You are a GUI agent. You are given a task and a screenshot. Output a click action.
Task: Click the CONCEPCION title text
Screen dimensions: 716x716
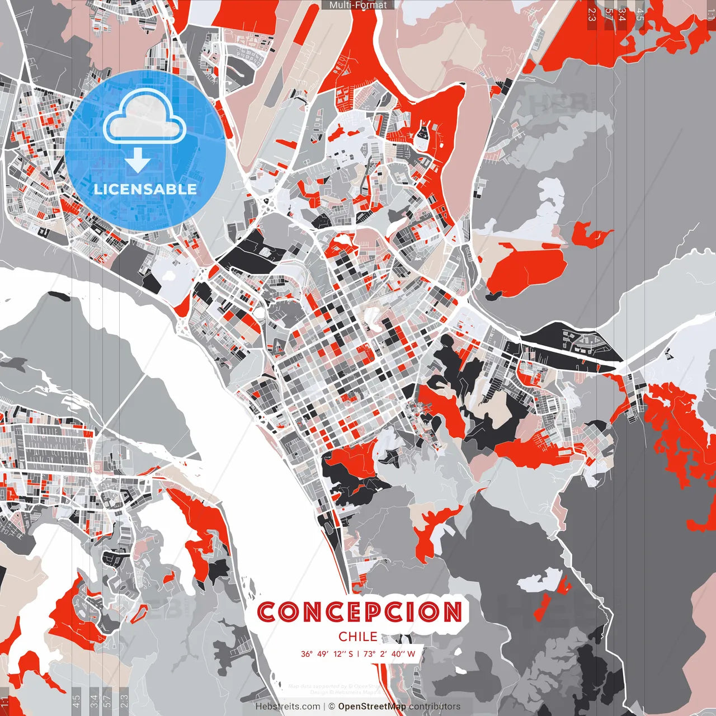pyautogui.click(x=360, y=612)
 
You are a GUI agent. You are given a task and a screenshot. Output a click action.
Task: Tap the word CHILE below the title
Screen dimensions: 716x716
pyautogui.click(x=358, y=637)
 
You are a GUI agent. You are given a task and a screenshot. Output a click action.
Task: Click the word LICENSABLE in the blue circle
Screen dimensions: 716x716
pyautogui.click(x=145, y=189)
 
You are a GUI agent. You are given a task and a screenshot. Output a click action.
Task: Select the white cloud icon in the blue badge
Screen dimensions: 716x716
pyautogui.click(x=145, y=118)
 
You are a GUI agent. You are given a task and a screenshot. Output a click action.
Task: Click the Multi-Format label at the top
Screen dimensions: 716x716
pyautogui.click(x=358, y=5)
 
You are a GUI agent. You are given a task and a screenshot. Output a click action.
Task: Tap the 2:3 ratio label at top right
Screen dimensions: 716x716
pyautogui.click(x=592, y=15)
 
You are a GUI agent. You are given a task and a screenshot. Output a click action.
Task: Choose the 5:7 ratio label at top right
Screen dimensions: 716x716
pyautogui.click(x=609, y=15)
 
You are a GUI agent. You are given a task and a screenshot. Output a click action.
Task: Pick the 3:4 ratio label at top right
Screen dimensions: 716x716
pyautogui.click(x=623, y=15)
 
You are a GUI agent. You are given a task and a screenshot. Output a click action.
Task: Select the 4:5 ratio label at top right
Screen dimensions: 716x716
pyautogui.click(x=640, y=15)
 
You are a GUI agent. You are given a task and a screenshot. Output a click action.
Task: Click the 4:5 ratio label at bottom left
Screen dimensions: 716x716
pyautogui.click(x=76, y=700)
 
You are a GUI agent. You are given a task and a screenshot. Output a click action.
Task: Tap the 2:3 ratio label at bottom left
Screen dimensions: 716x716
pyautogui.click(x=124, y=700)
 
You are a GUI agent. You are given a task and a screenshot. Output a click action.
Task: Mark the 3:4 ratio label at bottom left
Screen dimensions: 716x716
pyautogui.click(x=93, y=700)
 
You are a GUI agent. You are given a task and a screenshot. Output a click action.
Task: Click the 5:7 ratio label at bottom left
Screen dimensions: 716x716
pyautogui.click(x=107, y=700)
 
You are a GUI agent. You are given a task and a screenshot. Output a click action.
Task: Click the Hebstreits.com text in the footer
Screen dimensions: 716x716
pyautogui.click(x=288, y=706)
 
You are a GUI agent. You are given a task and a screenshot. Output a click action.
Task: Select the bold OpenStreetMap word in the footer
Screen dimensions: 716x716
pyautogui.click(x=372, y=706)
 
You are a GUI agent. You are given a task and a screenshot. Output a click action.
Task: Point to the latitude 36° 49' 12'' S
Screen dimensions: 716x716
pyautogui.click(x=327, y=654)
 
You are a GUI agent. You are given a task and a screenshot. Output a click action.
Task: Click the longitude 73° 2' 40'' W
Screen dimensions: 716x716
pyautogui.click(x=389, y=654)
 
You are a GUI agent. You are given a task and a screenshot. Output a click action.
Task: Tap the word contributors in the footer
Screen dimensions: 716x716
pyautogui.click(x=435, y=706)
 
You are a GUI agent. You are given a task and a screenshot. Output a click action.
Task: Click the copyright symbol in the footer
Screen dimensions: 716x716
pyautogui.click(x=332, y=706)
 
